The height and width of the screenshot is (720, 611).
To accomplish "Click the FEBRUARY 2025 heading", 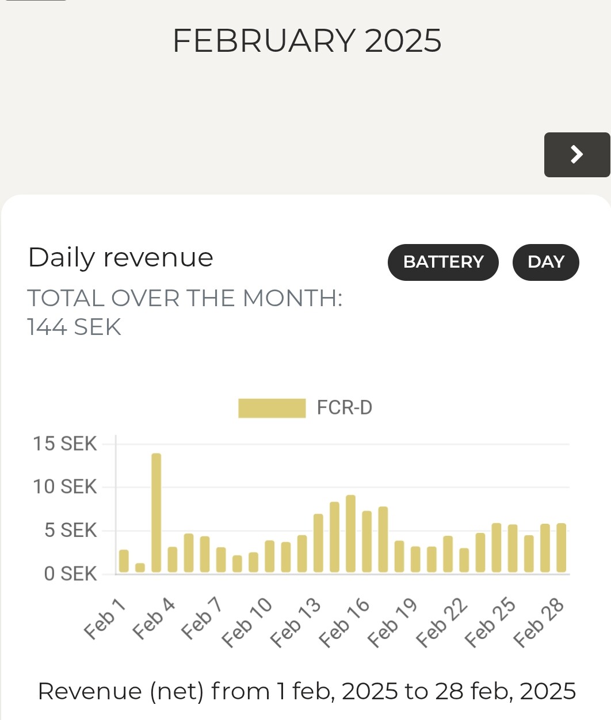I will click(x=307, y=41).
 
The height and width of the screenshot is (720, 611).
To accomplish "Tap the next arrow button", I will click(x=576, y=154).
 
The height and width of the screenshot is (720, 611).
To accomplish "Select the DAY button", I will click(x=545, y=262).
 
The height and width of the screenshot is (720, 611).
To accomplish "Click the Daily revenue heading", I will click(x=120, y=257).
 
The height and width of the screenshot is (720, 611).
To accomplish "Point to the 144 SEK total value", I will click(x=74, y=327).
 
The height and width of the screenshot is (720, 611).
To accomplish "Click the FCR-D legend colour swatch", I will click(x=272, y=408).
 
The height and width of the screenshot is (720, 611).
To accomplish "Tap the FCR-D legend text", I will click(x=345, y=408).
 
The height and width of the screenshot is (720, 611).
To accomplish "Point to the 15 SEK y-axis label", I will click(x=64, y=444).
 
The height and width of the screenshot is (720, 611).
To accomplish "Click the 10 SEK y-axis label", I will click(x=64, y=487).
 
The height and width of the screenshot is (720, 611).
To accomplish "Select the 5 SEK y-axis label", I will click(x=70, y=530).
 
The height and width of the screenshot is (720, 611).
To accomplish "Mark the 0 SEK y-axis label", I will click(x=70, y=574).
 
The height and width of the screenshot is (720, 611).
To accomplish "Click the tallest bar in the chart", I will click(x=156, y=512).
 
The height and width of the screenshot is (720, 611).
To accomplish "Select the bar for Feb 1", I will click(x=124, y=561).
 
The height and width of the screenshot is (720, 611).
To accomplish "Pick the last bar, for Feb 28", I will click(x=562, y=548).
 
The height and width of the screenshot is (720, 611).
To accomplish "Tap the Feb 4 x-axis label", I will click(x=154, y=619).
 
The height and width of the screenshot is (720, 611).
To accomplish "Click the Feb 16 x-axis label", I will click(x=344, y=623).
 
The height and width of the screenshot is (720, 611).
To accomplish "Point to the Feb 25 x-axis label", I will click(x=490, y=623).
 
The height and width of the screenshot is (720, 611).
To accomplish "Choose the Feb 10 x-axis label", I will click(x=247, y=623).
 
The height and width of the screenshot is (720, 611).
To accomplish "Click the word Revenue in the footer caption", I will click(x=90, y=691).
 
